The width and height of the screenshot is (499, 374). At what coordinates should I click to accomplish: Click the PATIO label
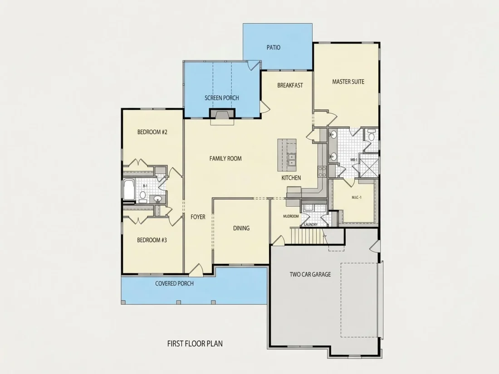click(x=274, y=48)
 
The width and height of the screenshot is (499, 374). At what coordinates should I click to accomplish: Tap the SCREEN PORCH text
click(x=222, y=98)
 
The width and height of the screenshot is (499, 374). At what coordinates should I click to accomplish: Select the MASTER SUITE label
click(x=348, y=82)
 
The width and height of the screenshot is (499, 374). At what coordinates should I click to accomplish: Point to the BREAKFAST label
click(x=290, y=85)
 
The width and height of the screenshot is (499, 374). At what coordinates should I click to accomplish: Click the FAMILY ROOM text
click(x=225, y=158)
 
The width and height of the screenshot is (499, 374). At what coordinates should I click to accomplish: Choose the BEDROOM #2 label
click(x=152, y=132)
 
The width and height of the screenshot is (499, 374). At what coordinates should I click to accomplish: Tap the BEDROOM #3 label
click(x=152, y=240)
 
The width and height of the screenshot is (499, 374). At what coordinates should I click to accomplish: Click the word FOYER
click(x=198, y=217)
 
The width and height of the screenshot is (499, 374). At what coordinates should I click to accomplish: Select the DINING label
click(x=241, y=228)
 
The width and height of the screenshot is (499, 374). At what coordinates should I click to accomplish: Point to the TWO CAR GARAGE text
click(x=310, y=274)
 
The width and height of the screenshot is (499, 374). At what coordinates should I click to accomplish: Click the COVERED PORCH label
click(x=174, y=283)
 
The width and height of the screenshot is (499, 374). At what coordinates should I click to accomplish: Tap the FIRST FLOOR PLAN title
click(x=195, y=344)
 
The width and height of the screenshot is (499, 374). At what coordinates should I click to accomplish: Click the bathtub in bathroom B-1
click(x=129, y=190)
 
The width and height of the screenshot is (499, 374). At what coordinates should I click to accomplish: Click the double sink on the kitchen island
click(x=291, y=160)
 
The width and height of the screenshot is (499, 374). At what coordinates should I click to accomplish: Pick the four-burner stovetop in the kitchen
click(x=322, y=172)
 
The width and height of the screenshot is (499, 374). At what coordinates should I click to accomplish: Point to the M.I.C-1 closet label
click(x=357, y=198)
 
